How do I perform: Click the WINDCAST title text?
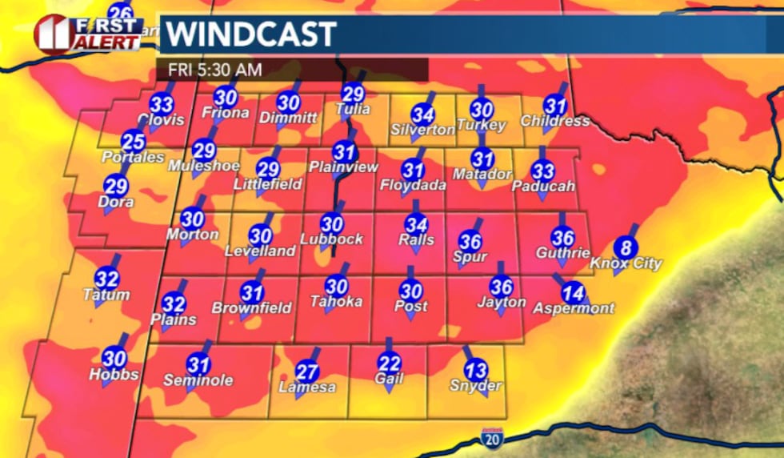click(x=250, y=34)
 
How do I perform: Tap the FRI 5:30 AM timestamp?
click(x=214, y=70)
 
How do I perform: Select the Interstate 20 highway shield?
click(x=492, y=438)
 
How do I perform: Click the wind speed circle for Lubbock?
click(x=331, y=224)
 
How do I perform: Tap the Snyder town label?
click(x=475, y=386)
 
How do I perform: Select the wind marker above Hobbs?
click(x=114, y=358)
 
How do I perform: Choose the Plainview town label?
click(x=344, y=167)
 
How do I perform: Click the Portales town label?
click(x=133, y=158)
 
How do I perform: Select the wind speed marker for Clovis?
click(x=162, y=104)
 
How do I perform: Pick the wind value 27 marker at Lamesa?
click(x=307, y=372)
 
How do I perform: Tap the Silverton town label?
click(x=422, y=130)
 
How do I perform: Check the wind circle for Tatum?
click(x=106, y=279)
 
